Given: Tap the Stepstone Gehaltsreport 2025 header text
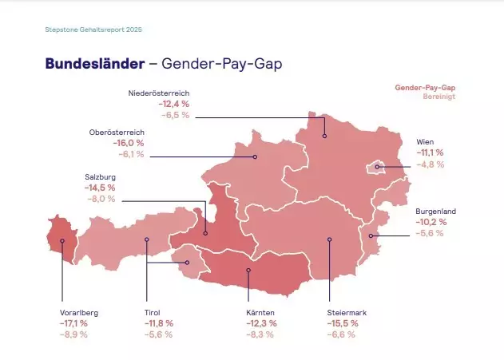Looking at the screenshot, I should point(93,30).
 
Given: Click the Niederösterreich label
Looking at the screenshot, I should point(159,93).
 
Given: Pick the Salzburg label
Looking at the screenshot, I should point(100,176).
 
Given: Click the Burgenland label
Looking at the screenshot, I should point(436,211).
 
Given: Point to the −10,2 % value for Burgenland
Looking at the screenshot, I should point(431,222).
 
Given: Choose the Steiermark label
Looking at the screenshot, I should point(347,312).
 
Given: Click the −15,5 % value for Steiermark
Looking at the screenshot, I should point(343,323).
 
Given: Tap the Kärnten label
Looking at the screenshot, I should point(262,312).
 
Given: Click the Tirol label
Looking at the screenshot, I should point(153,312).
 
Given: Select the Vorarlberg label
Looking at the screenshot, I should point(79,312).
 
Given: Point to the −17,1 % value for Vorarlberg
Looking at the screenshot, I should point(76,323).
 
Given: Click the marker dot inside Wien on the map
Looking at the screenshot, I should point(377,167).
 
